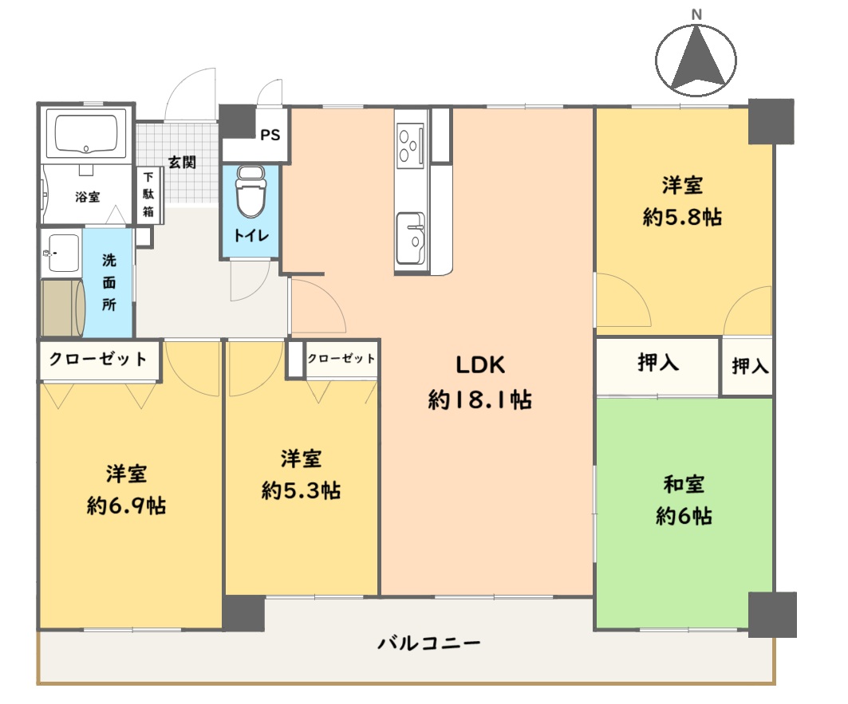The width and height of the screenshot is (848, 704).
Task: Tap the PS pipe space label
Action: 270,136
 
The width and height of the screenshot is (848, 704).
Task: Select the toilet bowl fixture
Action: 251,191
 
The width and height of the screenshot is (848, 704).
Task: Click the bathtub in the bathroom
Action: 86,132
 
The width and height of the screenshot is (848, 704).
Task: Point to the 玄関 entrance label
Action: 182,162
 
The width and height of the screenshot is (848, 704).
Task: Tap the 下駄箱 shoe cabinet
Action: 148,195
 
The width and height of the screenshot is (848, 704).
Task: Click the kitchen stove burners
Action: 409,144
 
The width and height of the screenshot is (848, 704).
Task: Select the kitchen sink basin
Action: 411,238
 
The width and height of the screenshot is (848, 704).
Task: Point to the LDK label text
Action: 480,365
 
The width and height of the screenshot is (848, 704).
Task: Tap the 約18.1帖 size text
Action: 480,400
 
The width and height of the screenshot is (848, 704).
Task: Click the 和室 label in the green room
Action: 684,485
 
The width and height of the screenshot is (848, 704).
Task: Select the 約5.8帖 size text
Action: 683,218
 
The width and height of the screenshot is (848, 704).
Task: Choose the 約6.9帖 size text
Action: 126,506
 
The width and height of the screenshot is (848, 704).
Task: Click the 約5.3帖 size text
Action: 301,491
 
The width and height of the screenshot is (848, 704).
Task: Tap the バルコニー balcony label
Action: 429,643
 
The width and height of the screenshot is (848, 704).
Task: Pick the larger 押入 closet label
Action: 658,362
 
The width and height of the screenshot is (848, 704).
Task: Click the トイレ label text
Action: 251,236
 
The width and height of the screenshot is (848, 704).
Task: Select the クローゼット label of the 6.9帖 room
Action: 98,359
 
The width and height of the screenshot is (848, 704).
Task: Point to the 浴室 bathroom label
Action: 87,197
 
